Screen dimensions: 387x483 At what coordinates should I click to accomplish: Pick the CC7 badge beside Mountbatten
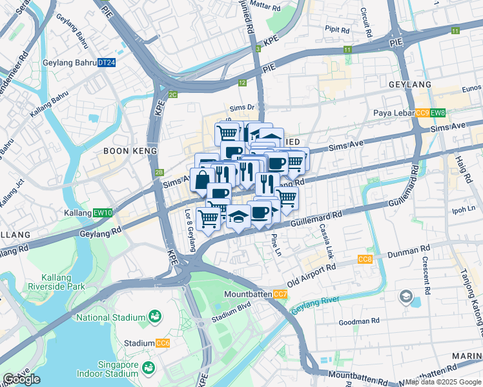tap(280, 295)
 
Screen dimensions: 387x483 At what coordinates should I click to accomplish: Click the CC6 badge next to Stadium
tap(163, 343)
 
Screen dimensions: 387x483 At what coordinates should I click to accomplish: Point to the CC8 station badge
tap(365, 259)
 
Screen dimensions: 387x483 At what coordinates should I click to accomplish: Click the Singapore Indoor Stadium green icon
tap(149, 368)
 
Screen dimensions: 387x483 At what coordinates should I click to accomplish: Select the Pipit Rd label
tap(337, 30)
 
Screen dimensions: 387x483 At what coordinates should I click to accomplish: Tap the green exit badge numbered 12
tap(242, 83)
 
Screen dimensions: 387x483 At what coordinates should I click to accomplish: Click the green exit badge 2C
tap(172, 95)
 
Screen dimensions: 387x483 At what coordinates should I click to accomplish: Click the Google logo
tap(21, 379)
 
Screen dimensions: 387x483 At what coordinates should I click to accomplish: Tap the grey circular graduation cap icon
tap(406, 297)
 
